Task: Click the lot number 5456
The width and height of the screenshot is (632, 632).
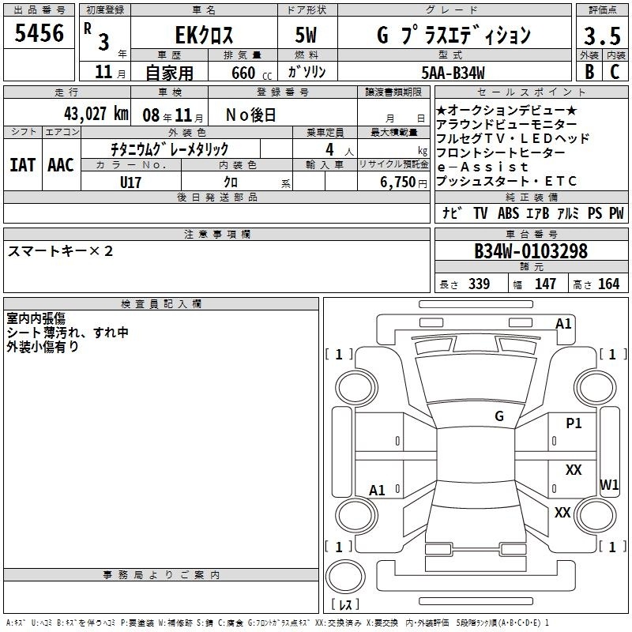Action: coord(39,33)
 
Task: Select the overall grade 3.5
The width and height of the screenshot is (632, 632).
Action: coord(602,36)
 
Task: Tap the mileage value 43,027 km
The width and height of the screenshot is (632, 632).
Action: coord(96,114)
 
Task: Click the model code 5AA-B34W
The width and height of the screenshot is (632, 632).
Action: coord(453,73)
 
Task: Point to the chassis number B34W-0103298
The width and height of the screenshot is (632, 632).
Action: coord(531,251)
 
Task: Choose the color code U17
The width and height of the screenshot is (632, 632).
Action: coord(130,182)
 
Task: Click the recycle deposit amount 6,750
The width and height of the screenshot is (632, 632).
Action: coord(397,182)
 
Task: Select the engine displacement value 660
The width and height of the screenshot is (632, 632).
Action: coord(243,73)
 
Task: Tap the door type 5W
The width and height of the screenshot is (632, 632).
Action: coord(306,35)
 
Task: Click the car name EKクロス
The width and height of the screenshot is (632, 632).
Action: coord(204,35)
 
